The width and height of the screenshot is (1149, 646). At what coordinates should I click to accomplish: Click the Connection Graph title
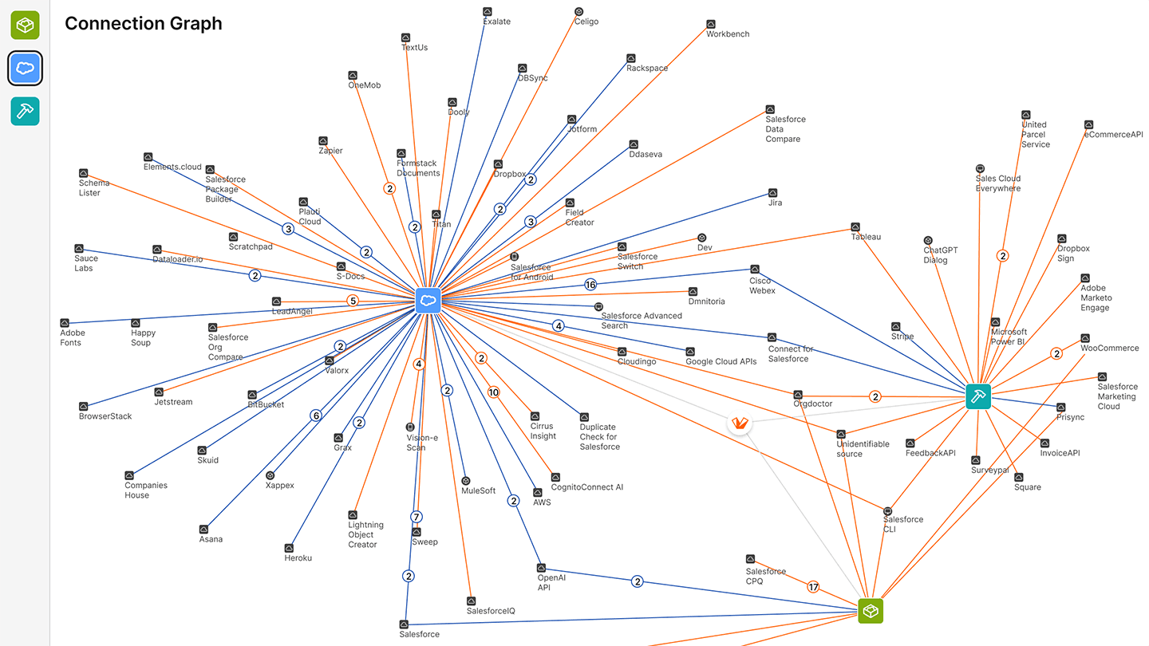click(144, 24)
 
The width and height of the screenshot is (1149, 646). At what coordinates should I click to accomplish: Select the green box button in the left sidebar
click(25, 25)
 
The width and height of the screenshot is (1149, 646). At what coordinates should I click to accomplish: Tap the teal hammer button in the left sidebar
click(25, 111)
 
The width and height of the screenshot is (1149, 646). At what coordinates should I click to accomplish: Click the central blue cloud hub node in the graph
click(428, 300)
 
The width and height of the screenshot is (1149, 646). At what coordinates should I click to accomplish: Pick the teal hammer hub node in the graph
click(977, 396)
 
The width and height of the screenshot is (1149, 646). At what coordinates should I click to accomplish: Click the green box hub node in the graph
click(871, 611)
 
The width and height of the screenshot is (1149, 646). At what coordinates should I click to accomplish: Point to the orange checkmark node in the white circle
click(740, 423)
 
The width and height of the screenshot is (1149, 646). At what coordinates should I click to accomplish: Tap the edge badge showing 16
click(590, 285)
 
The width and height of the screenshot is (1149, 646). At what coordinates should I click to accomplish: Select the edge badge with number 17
click(813, 588)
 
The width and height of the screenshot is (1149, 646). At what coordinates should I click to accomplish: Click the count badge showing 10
click(494, 392)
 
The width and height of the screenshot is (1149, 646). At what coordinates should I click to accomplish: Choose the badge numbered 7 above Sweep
click(416, 516)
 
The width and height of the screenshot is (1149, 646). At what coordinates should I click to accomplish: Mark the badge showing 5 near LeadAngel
click(353, 301)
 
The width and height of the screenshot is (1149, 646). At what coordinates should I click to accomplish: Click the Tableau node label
click(866, 237)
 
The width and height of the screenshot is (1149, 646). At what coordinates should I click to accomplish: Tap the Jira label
click(775, 203)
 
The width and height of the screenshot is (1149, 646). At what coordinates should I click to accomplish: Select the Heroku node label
click(298, 558)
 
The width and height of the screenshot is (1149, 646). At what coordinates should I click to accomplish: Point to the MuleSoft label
click(478, 490)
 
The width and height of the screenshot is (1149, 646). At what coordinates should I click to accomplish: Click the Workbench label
click(728, 34)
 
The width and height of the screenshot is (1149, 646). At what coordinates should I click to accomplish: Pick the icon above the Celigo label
click(579, 11)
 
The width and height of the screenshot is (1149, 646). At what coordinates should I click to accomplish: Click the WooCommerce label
click(1109, 349)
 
